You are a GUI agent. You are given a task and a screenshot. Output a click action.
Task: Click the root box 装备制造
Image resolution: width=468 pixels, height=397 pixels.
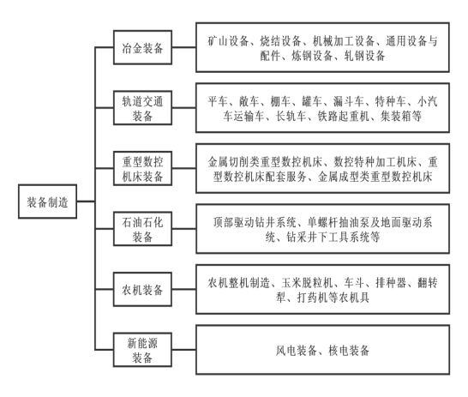tap(47, 202)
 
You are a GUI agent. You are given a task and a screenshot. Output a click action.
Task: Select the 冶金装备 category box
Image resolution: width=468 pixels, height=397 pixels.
tap(142, 47)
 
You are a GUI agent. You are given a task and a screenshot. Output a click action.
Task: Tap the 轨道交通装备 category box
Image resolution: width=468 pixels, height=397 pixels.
tap(142, 108)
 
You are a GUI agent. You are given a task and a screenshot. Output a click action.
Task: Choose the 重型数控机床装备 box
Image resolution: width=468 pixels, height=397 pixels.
tap(142, 168)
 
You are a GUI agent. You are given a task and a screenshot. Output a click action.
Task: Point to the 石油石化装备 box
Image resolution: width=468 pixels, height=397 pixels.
tap(142, 229)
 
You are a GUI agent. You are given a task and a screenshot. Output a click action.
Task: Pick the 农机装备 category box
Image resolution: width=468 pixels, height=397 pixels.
tap(142, 289)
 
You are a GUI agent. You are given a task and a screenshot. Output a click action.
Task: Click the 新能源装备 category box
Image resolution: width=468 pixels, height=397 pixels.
tap(142, 350)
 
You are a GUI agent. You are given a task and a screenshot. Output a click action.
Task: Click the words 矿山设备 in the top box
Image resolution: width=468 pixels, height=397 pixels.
tap(228, 41)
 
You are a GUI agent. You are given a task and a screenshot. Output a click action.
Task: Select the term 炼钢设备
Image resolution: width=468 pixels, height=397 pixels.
tap(312, 56)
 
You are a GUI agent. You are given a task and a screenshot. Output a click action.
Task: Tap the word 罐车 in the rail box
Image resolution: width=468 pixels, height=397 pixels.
tap(312, 101)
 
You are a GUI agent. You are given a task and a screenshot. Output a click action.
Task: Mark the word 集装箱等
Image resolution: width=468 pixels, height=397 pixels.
tap(401, 116)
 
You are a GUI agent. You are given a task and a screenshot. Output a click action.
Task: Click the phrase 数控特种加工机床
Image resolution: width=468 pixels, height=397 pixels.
tap(375, 162)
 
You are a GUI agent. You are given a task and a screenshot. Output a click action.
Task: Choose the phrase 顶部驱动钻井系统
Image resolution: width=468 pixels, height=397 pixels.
tap(255, 223)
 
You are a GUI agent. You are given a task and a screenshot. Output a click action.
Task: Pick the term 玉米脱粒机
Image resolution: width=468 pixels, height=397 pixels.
tap(307, 283)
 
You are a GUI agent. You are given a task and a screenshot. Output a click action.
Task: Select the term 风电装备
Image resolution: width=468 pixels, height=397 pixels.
tap(296, 351)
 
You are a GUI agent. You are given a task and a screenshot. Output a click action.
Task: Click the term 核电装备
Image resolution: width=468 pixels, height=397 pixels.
tap(349, 351)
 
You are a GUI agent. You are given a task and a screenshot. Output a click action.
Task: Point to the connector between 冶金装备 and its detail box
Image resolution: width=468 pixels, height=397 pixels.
tap(183, 47)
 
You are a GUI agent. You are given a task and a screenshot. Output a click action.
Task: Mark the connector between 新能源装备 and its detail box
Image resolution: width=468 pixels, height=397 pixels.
tap(183, 350)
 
